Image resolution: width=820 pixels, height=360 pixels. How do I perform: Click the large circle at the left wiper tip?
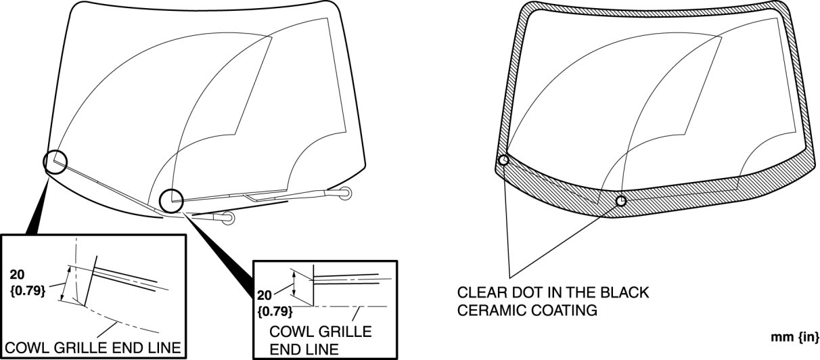coord(55,162)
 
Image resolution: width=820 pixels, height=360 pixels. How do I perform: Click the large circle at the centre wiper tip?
coord(172,200)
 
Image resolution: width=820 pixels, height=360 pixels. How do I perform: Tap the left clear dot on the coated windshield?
coord(503,160)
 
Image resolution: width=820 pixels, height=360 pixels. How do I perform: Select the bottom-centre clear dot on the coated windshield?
coord(621,201)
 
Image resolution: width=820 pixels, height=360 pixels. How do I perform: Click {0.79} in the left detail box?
coord(28,292)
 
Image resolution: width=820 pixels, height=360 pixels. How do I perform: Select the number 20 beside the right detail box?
coord(265,296)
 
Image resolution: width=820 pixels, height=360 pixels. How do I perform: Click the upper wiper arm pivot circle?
coord(346,194)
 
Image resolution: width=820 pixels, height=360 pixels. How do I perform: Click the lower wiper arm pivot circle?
coord(228,218)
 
